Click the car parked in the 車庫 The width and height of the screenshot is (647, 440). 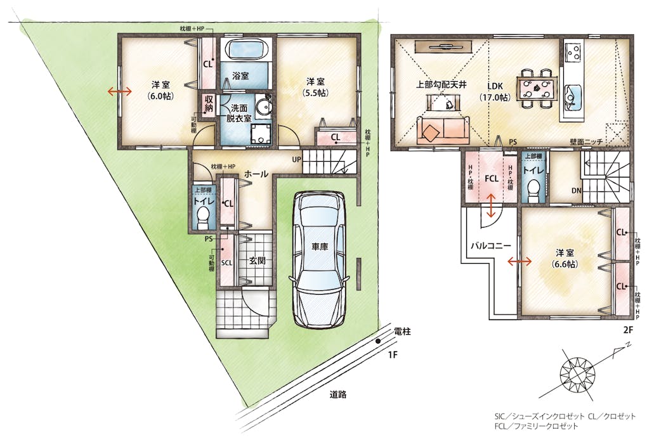[319, 259]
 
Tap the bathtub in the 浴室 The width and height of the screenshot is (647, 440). [245, 50]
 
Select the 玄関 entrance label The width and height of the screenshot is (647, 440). [257, 261]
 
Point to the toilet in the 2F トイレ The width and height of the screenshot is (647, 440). [533, 191]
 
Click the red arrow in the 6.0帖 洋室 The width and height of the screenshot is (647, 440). [120, 91]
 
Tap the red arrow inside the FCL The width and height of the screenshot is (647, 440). [490, 206]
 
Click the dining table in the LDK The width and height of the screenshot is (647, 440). [535, 89]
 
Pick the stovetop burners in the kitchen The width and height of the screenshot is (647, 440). [573, 52]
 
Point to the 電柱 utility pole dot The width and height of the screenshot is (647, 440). [378, 341]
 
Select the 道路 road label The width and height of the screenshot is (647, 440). [338, 394]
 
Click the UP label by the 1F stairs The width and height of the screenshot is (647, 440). [297, 159]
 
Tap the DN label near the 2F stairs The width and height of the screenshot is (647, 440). [577, 191]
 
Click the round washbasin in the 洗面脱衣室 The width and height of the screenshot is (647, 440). [263, 102]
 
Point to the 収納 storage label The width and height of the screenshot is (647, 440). [209, 104]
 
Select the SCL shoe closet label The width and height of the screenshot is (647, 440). [226, 262]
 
